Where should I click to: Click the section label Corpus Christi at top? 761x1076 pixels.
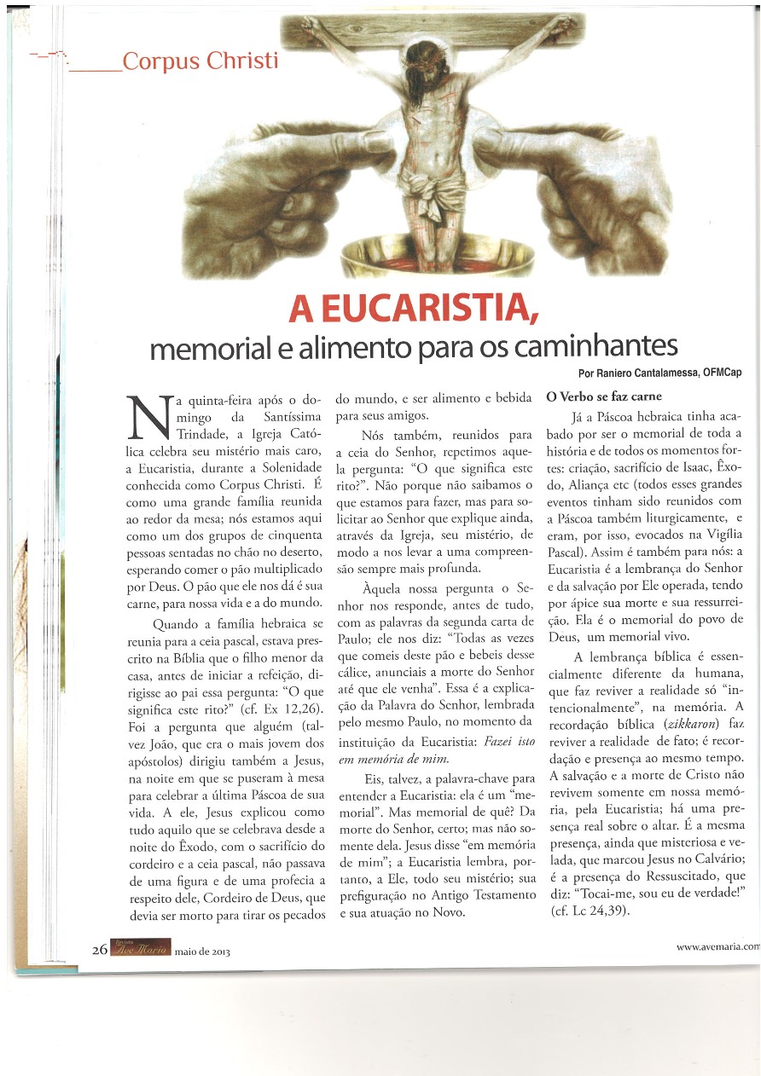point(200,62)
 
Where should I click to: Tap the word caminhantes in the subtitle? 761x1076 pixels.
point(597,347)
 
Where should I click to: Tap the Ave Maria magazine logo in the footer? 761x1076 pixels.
point(141,949)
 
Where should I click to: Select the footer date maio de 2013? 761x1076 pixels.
point(202,951)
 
